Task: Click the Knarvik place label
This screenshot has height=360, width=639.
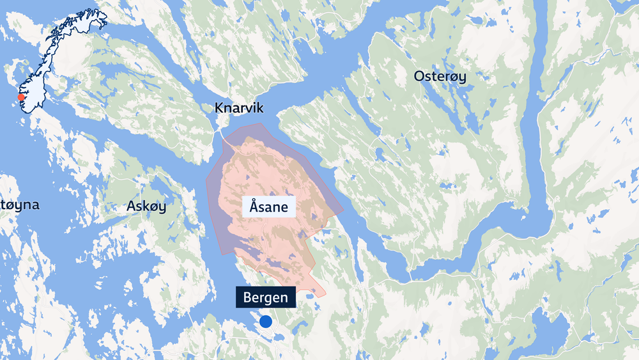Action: coord(240,107)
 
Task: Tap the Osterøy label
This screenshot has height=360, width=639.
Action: coord(440,77)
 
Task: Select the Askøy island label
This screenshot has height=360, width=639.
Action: coord(146,206)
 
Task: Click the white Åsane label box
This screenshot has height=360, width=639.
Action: coord(269,207)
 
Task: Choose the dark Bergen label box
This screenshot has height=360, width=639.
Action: coord(265,297)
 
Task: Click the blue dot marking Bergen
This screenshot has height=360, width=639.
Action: coord(265,322)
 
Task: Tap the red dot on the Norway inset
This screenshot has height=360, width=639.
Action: coord(20,98)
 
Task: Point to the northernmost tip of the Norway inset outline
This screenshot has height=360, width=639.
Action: coord(102,11)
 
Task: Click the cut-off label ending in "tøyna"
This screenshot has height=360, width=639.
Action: coord(19,205)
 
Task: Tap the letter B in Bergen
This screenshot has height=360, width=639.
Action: coord(248,297)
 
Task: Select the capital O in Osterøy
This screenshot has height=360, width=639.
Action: coord(419,77)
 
